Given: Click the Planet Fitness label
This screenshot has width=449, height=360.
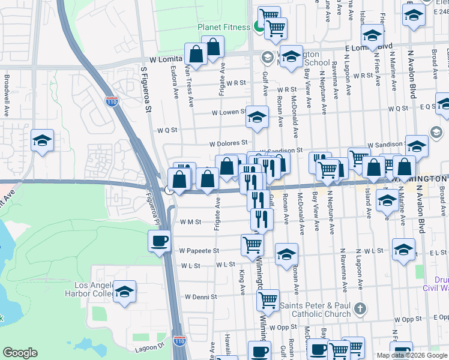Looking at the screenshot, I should point(224,27).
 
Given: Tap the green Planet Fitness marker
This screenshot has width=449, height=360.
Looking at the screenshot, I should point(259,26).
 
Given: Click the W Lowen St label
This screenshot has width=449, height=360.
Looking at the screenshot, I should point(228,112).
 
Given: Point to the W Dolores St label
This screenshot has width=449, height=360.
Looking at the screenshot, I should point(228,143).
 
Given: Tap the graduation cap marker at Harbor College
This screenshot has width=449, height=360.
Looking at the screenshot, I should point(124,292).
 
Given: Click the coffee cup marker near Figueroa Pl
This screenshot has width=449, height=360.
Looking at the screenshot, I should point(159,241).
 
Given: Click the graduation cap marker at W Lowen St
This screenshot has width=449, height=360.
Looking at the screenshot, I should point(257,117).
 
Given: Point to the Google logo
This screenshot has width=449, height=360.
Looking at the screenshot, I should point(20,353).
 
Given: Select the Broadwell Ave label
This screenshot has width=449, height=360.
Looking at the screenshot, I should point(6,96).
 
